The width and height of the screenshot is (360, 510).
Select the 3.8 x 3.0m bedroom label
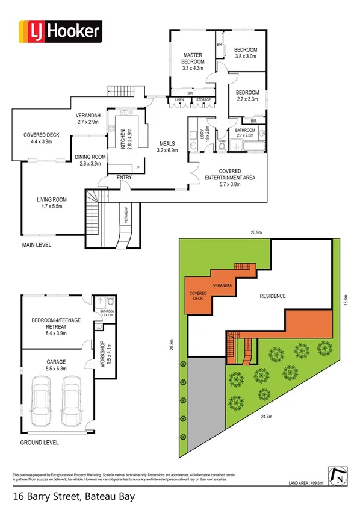(246, 53)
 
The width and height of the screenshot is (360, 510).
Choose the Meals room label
(167, 147)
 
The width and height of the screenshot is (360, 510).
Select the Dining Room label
(90, 161)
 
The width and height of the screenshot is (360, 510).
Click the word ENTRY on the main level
(124, 177)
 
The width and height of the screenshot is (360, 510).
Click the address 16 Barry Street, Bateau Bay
(73, 497)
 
